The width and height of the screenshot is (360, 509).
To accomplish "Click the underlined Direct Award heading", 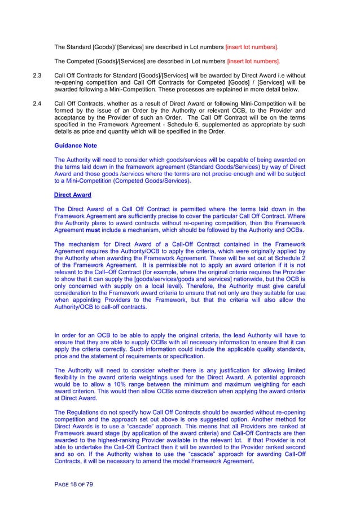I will point(72,195).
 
